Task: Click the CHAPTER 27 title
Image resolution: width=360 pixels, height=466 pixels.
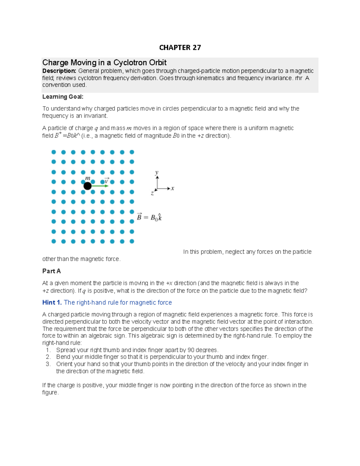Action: point(180,48)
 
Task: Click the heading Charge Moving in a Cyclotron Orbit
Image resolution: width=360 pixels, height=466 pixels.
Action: point(104,62)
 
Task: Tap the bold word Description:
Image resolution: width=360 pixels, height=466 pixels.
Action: point(59,71)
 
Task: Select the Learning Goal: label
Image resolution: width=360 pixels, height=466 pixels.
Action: point(63,97)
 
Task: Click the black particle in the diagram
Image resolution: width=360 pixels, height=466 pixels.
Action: point(87,186)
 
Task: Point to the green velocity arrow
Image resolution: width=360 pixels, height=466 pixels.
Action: point(100,186)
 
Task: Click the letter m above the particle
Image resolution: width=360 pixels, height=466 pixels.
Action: point(87,178)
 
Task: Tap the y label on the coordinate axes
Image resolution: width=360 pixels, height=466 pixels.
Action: point(157,173)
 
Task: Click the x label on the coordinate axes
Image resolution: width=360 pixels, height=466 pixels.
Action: point(172,188)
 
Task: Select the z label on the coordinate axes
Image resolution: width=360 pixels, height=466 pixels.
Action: point(152,194)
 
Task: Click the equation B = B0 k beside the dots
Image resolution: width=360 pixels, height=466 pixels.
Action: point(149,217)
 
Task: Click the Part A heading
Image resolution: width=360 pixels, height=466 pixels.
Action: point(51,271)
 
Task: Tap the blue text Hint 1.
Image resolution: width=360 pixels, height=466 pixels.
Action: point(52,302)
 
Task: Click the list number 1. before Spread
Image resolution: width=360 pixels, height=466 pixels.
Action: point(48,350)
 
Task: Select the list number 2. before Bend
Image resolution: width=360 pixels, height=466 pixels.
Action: point(48,357)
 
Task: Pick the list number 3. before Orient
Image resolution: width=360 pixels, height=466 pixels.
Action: point(48,364)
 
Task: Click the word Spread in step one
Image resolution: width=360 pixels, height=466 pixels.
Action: point(66,350)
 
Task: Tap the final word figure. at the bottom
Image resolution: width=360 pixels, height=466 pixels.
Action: point(50,392)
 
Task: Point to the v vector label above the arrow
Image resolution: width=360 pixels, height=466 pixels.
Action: point(106,181)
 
